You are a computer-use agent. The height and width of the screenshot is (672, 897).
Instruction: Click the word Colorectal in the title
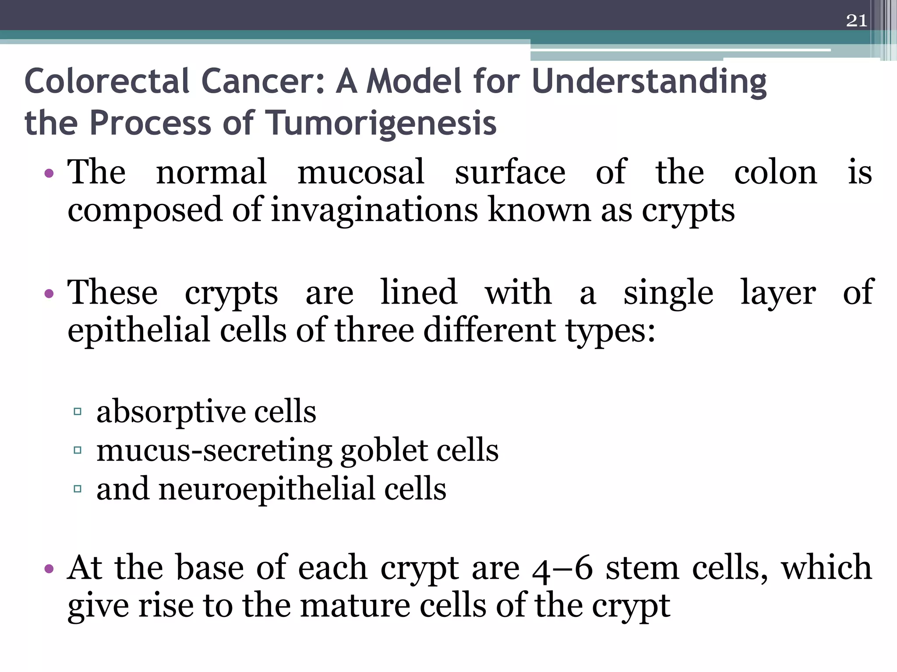(107, 82)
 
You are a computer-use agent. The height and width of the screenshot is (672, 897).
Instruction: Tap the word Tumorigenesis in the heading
(381, 123)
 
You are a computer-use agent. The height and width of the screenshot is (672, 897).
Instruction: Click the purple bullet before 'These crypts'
(49, 294)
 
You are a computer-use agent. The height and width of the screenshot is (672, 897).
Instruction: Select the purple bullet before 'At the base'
(49, 569)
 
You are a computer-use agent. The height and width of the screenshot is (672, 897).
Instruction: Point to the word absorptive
(170, 413)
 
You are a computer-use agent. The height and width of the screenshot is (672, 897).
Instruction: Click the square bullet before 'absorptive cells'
(78, 412)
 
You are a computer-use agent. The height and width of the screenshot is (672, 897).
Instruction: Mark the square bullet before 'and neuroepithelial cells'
(78, 489)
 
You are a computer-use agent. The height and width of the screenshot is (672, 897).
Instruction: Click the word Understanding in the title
(649, 82)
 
